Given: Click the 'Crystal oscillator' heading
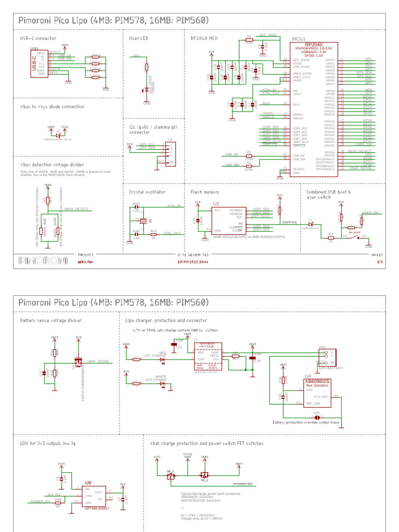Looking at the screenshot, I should [151, 192].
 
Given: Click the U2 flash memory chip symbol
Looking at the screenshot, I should [228, 220].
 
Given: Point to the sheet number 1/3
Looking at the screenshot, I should [379, 262].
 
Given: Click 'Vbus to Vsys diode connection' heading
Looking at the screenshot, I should [52, 107].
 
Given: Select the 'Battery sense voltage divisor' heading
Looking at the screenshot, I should [51, 321].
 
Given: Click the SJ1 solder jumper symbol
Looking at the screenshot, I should [316, 417].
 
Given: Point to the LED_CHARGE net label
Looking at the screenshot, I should [154, 355].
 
